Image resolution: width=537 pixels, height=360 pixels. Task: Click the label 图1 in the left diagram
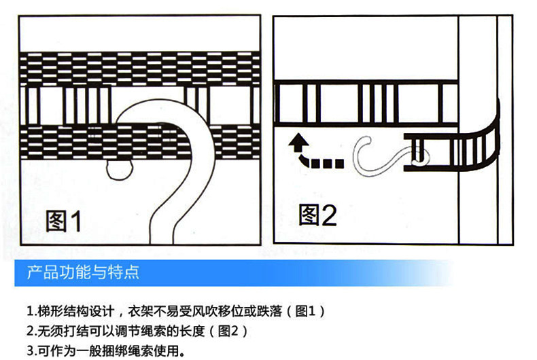[63, 221]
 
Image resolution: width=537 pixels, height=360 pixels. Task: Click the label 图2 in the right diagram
[318, 215]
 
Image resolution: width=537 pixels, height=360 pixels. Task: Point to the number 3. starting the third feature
[31, 351]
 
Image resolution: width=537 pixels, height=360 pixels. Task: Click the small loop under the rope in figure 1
[119, 169]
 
